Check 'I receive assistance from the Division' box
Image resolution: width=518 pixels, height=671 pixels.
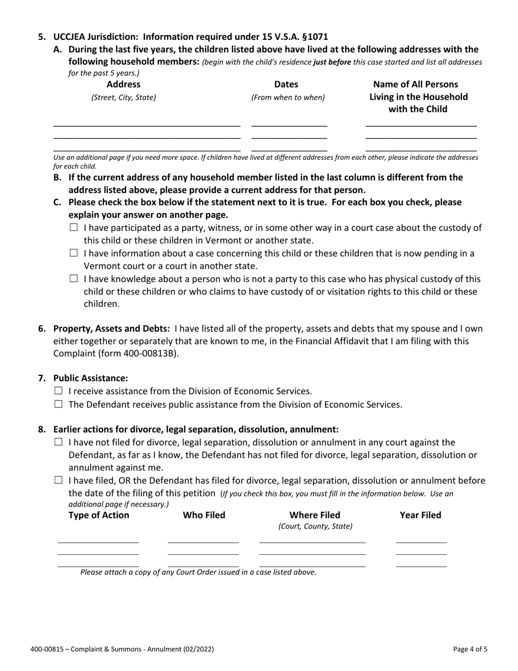click(x=59, y=391)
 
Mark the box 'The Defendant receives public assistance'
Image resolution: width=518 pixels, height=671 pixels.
click(x=59, y=404)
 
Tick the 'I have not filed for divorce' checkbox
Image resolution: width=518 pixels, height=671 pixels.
click(x=59, y=442)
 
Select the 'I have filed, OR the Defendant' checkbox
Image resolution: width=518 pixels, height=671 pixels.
click(x=59, y=480)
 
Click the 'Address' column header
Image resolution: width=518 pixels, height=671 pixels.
click(x=123, y=85)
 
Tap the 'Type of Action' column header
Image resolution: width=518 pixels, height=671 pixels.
click(x=99, y=515)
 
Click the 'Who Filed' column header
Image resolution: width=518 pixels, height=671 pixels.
click(x=204, y=515)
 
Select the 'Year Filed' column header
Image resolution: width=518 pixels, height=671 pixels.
click(x=420, y=515)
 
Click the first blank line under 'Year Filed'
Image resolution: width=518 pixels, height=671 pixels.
click(x=421, y=542)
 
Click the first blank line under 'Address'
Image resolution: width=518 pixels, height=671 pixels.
click(x=147, y=125)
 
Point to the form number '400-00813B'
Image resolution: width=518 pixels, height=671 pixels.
click(x=154, y=353)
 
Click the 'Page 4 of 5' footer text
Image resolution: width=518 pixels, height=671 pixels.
click(x=470, y=649)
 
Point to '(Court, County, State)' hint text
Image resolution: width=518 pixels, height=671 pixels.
click(x=315, y=526)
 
